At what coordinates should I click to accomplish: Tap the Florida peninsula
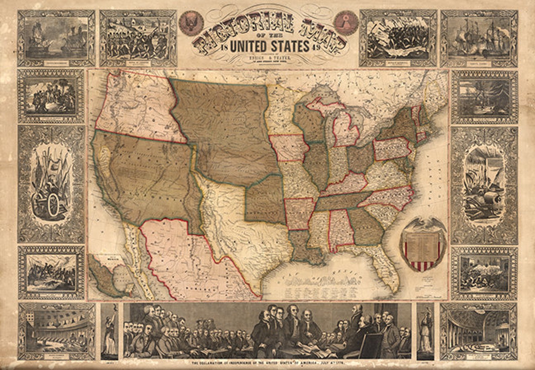point(387,269)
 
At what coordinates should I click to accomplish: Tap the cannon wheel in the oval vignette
point(52,205)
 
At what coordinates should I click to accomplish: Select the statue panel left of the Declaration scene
point(110,331)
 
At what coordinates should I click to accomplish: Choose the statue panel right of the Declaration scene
point(425,331)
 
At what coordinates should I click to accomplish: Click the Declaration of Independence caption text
point(268,363)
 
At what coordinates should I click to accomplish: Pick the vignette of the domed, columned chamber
point(478,331)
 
